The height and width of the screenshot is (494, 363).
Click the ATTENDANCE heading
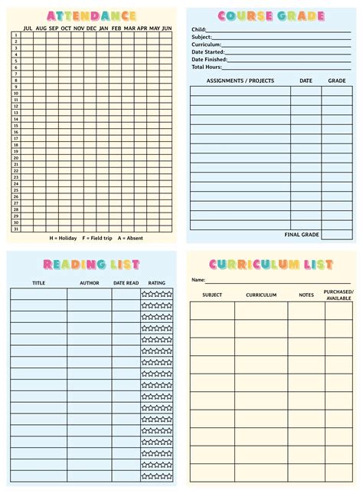(x=91, y=15)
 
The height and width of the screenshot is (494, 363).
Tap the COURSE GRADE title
(x=271, y=16)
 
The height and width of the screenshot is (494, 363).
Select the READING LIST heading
(x=91, y=265)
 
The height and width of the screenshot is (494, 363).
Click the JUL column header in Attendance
(x=28, y=28)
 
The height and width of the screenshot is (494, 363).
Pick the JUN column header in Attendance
(x=166, y=28)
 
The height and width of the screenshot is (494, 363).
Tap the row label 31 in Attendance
(x=16, y=229)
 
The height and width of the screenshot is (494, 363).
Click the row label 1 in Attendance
(x=16, y=35)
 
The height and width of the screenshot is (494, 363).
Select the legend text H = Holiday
(x=65, y=238)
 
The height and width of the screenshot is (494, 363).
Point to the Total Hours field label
(x=206, y=67)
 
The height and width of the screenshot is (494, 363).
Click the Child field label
(x=199, y=29)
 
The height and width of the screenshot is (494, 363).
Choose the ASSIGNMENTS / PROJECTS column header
(x=240, y=81)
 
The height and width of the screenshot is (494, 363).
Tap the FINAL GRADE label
(x=302, y=234)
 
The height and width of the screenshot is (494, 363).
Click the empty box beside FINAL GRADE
(x=337, y=235)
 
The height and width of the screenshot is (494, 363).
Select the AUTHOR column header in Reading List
(x=90, y=283)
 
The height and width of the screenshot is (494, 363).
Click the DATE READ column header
(x=126, y=283)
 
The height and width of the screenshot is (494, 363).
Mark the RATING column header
(x=156, y=283)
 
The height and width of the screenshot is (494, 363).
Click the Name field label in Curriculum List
(x=198, y=280)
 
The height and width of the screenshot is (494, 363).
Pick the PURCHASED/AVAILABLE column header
(x=338, y=295)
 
